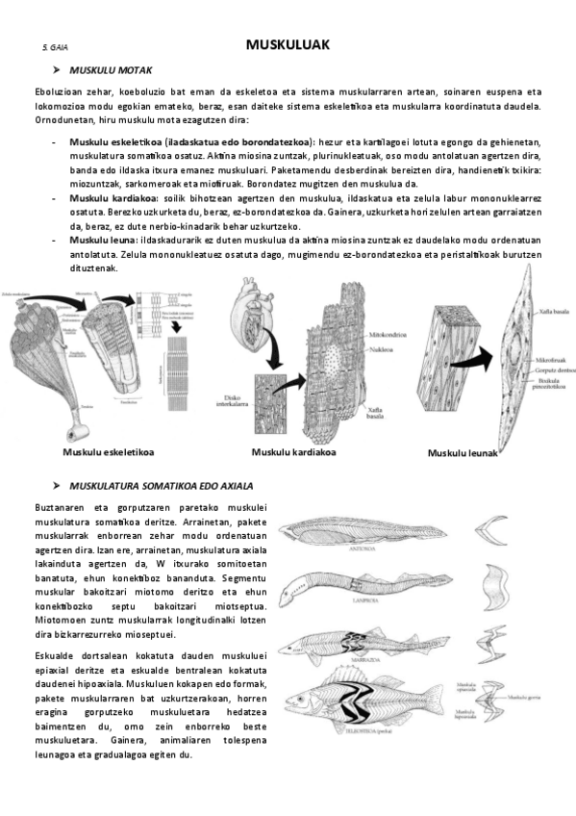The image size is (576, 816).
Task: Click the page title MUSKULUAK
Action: pyautogui.click(x=288, y=44)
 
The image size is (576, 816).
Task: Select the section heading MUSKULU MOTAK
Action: pyautogui.click(x=116, y=70)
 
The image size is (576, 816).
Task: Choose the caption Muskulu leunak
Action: pyautogui.click(x=463, y=453)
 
